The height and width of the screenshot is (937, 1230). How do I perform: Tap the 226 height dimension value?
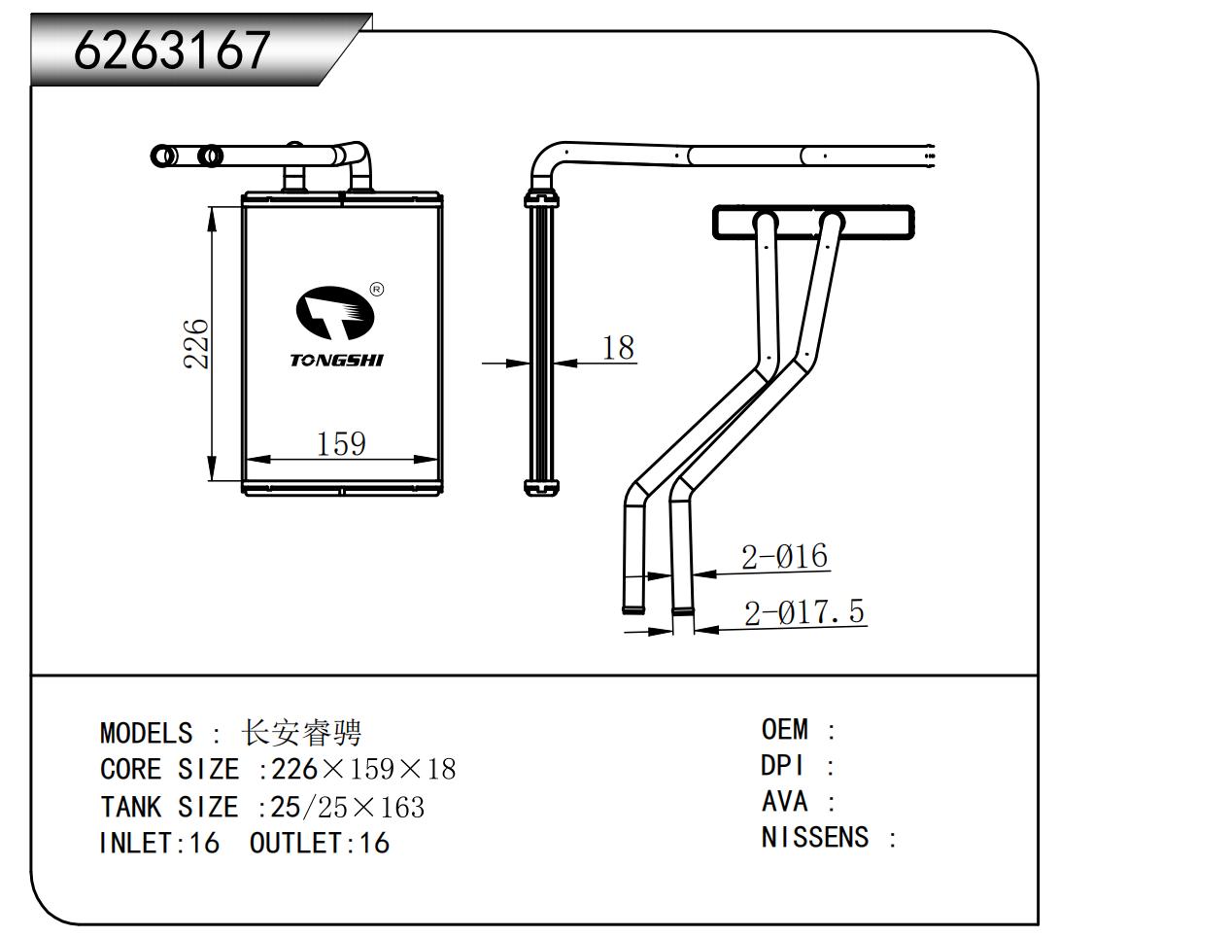196,343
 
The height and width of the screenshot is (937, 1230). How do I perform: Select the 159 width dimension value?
341,443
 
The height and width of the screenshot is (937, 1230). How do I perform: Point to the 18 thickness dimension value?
618,347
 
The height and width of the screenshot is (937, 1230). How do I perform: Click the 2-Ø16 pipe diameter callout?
784,557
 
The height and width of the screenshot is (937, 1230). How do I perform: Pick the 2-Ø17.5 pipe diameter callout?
803,612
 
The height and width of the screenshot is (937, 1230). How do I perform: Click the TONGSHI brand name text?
336,361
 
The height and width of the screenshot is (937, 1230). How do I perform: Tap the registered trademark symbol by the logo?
377,289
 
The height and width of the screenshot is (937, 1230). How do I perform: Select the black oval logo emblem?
334,311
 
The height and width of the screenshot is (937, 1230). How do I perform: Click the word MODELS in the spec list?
146,733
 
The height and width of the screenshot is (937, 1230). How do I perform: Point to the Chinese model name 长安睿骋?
301,732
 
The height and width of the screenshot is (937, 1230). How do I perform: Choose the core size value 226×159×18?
363,770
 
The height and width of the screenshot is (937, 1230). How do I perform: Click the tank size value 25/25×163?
348,807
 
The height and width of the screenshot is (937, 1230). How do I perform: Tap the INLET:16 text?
159,843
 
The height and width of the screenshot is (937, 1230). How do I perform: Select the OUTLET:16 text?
319,843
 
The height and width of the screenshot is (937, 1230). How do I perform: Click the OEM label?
784,729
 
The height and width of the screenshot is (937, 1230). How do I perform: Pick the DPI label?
782,766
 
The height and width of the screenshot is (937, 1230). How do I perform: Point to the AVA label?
784,802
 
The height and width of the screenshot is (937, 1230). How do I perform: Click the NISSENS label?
814,837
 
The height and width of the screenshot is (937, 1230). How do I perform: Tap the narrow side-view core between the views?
541,345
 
